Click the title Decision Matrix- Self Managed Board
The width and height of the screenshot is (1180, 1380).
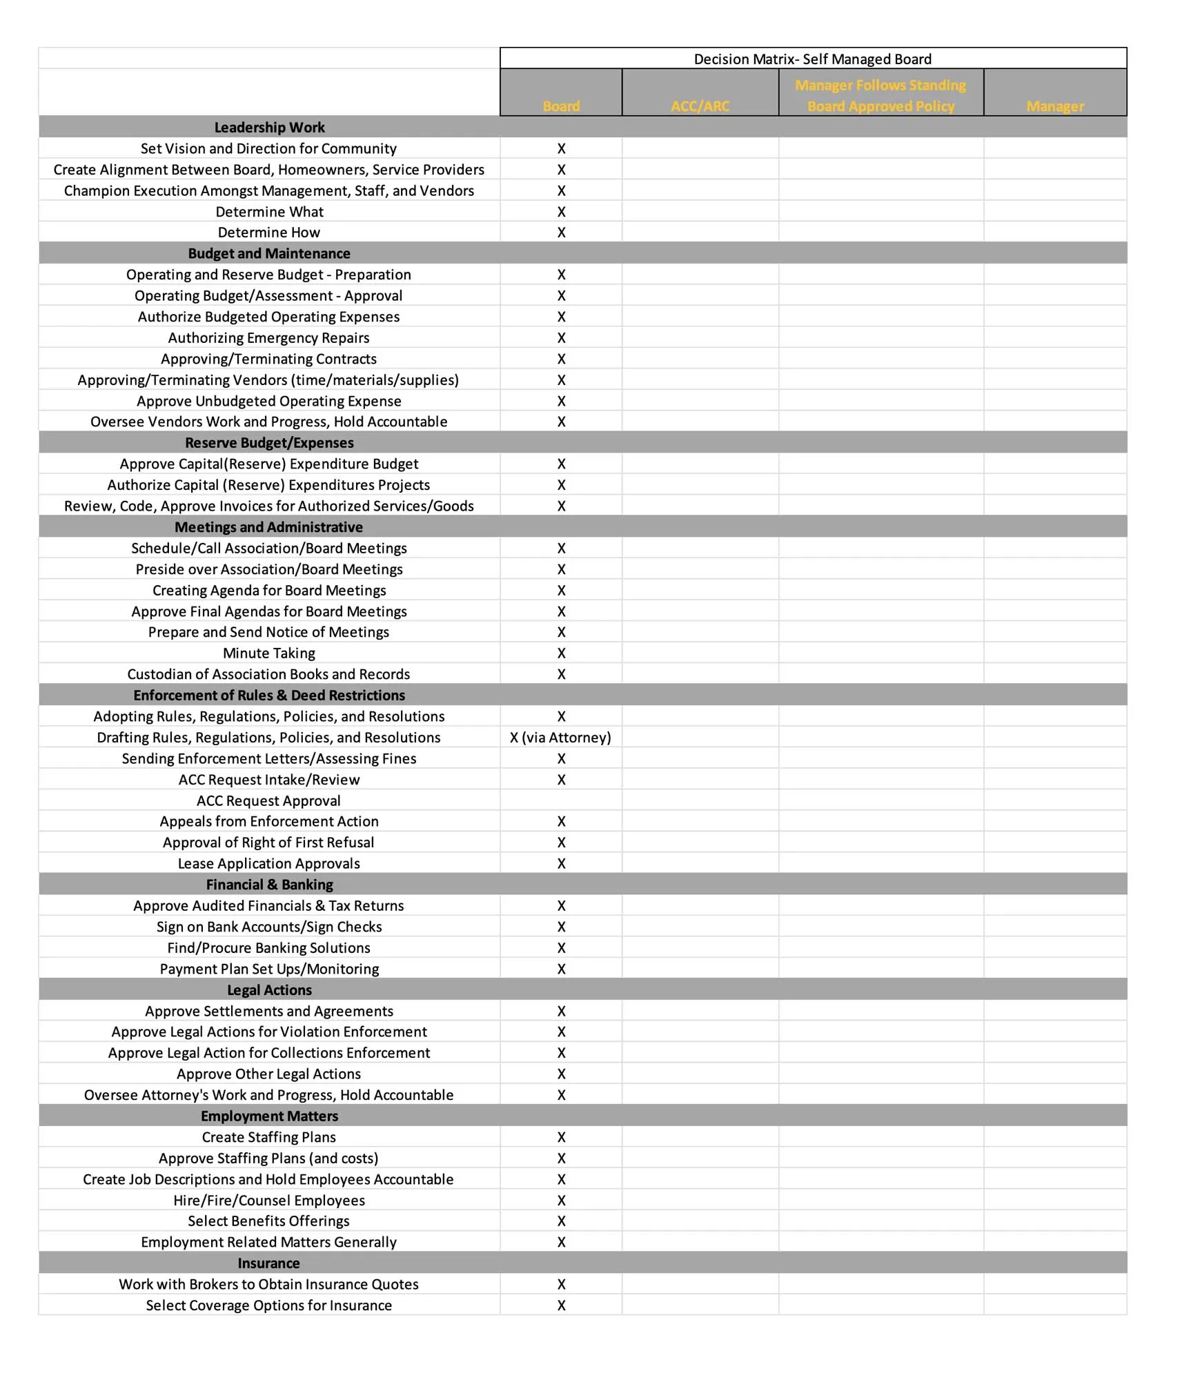point(812,59)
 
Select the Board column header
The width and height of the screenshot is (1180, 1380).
point(560,106)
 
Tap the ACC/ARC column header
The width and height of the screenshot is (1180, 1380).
point(700,106)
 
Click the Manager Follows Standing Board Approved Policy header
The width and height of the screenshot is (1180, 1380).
point(881,96)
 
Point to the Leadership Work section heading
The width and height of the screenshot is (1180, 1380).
point(269,128)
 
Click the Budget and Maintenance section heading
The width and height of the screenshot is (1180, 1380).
point(269,254)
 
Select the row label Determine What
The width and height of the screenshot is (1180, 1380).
point(269,212)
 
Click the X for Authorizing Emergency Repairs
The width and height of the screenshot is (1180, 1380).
point(561,338)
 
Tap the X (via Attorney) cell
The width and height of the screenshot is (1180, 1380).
point(560,738)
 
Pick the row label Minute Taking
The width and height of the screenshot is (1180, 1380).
point(269,653)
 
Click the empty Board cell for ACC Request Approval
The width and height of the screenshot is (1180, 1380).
point(561,800)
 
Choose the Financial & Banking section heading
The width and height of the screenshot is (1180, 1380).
point(269,885)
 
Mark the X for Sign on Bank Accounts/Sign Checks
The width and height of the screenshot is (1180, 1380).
point(561,927)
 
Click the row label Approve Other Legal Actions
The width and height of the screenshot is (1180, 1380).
point(269,1074)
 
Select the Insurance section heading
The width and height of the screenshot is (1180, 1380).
point(269,1263)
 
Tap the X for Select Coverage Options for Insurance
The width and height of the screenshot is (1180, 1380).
point(561,1305)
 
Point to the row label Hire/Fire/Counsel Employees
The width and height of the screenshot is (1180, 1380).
point(269,1201)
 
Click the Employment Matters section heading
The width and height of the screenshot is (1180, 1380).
point(269,1116)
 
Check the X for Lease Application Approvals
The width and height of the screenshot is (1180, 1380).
point(561,864)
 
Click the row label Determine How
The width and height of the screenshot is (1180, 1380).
point(269,233)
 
